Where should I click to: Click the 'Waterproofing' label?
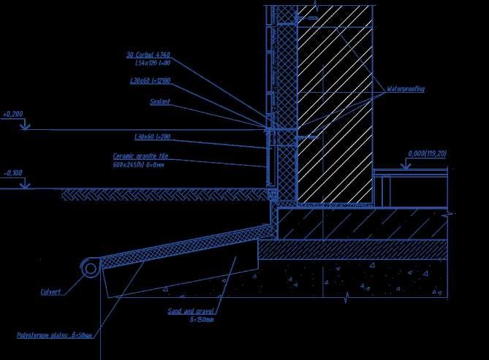tap(406, 89)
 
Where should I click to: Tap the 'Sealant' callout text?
tap(160, 102)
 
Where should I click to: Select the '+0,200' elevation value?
tap(13, 115)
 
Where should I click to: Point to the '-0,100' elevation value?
tap(13, 173)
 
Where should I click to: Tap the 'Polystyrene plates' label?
tap(55, 335)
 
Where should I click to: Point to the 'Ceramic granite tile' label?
tap(141, 156)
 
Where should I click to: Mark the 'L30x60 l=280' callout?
tap(152, 137)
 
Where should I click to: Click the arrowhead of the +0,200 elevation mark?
tap(26, 126)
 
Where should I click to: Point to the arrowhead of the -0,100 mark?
tap(26, 185)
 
